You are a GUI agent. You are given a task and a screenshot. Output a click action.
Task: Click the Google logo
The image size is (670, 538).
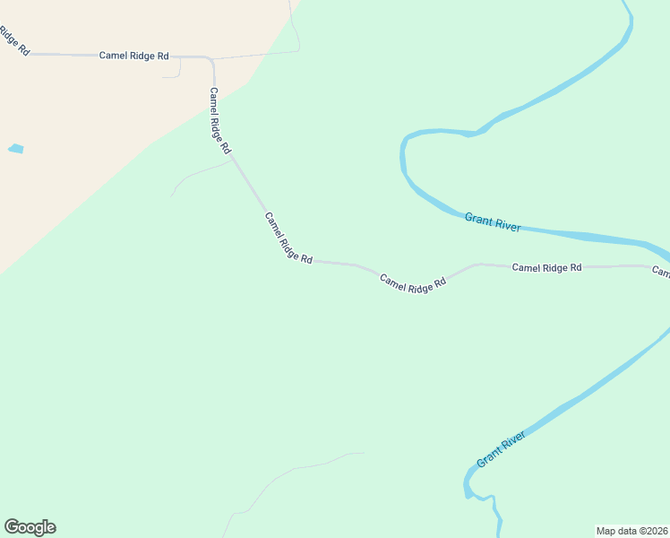pos(30,527)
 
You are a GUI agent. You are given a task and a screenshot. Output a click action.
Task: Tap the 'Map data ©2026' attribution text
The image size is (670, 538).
pos(631,531)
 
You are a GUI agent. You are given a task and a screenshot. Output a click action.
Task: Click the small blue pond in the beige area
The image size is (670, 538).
pos(15,149)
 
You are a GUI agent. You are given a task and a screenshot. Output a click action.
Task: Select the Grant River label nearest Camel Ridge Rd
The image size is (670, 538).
pos(493,221)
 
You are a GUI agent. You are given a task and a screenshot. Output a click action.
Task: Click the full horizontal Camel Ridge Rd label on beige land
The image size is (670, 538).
pos(133,56)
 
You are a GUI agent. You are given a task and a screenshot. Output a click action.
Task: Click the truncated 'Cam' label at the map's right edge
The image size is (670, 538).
pos(661,271)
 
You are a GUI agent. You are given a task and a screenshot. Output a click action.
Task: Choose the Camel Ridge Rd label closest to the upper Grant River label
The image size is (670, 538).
pos(546,267)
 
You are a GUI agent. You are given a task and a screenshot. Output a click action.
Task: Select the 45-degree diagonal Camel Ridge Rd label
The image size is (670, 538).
pos(288,238)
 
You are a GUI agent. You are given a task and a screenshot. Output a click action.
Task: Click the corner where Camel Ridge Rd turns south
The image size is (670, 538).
pos(211,60)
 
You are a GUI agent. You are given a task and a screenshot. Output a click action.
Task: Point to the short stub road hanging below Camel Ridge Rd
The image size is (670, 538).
pos(177,70)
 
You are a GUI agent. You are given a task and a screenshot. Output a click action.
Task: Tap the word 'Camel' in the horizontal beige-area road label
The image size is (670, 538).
pos(113,56)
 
